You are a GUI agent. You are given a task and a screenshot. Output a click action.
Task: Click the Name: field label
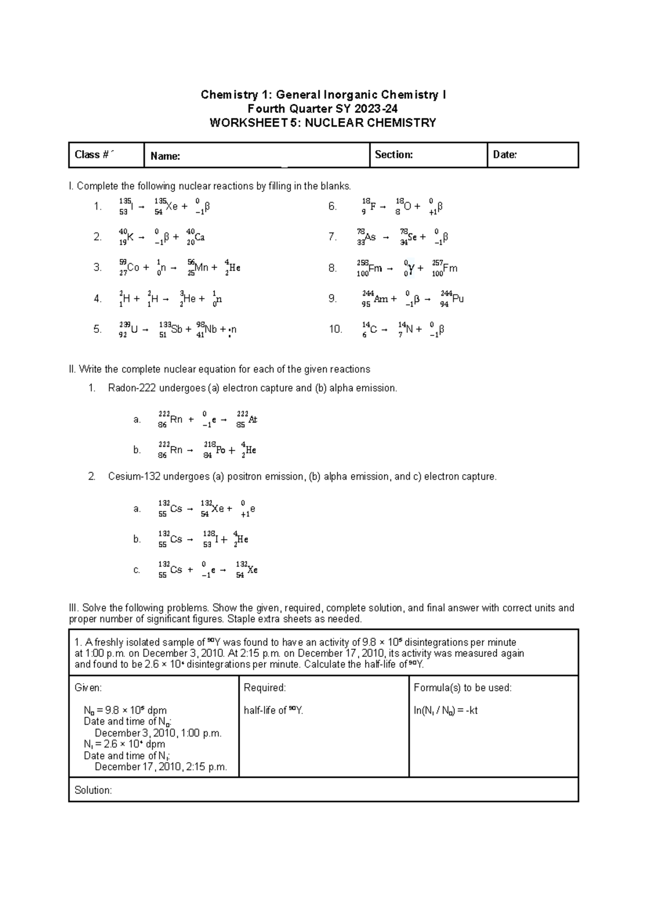coord(165,157)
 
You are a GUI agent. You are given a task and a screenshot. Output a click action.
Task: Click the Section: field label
coord(394,155)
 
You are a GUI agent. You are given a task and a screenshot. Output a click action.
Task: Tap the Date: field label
coord(505,155)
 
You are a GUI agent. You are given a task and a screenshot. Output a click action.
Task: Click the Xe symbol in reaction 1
coord(171,206)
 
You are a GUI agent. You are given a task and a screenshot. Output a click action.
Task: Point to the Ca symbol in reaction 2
coord(200,237)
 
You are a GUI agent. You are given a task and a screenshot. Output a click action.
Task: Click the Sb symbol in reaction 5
coord(177,329)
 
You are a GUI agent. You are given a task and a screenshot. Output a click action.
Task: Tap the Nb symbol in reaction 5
coord(211,329)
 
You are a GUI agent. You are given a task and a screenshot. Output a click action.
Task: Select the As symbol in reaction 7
coord(370,237)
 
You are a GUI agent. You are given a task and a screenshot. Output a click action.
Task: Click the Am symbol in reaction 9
coord(381,299)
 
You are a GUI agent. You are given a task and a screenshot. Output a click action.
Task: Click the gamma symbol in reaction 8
coord(412,268)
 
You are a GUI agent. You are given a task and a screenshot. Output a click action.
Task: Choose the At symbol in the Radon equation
coord(253,420)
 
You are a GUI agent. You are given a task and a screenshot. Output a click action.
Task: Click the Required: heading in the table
coord(264,688)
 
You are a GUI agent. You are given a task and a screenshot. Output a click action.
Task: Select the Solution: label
coord(93,791)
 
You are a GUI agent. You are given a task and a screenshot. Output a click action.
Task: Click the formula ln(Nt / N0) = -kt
coord(446,711)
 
